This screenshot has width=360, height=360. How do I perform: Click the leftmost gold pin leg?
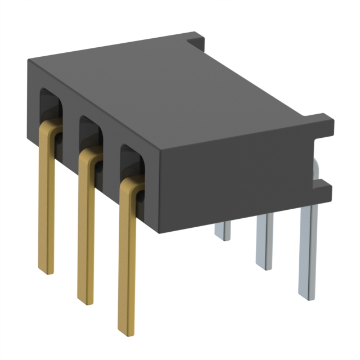click(46, 202)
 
